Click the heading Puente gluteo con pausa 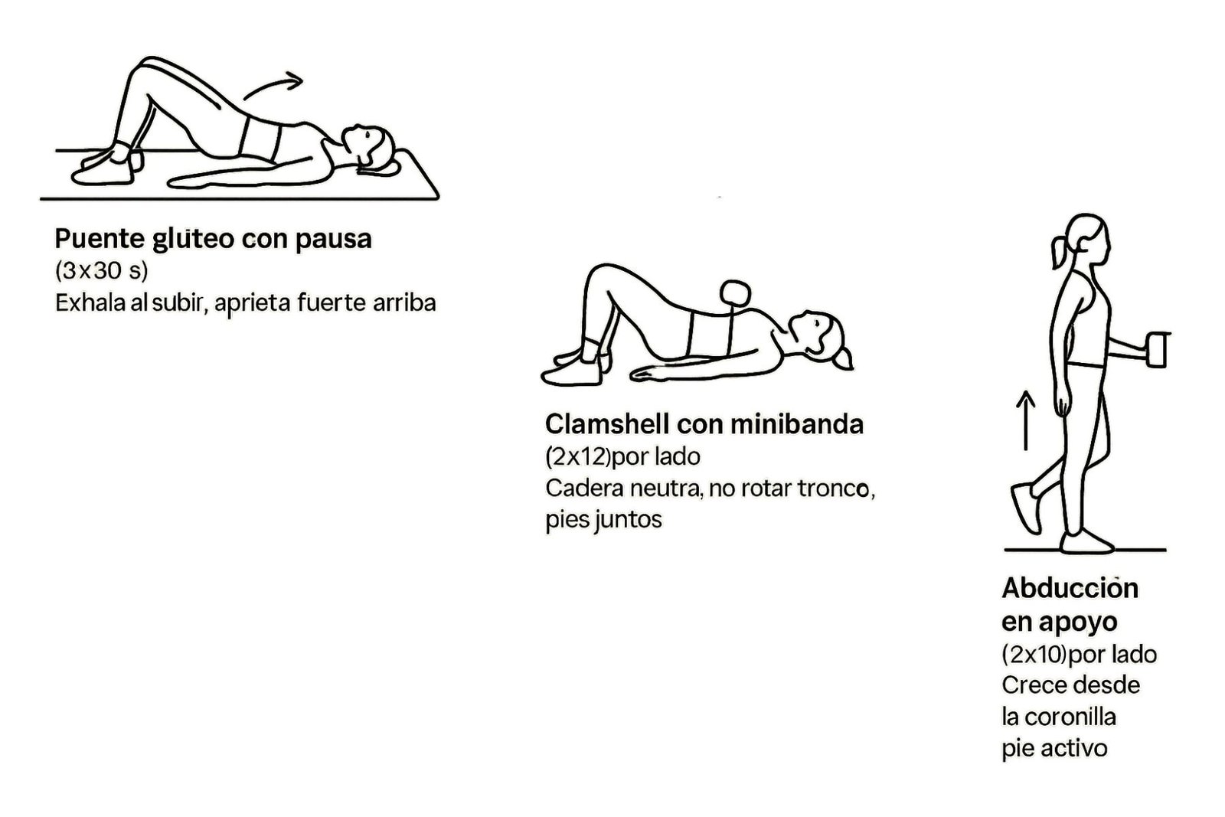click(x=213, y=239)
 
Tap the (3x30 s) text click(x=101, y=270)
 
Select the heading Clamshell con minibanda click(x=704, y=423)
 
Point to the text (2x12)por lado click(x=622, y=456)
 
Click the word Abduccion click(x=1070, y=588)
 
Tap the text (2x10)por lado click(x=1079, y=654)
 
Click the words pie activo click(x=1054, y=748)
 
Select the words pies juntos click(x=603, y=520)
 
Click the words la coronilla click(x=1058, y=717)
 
